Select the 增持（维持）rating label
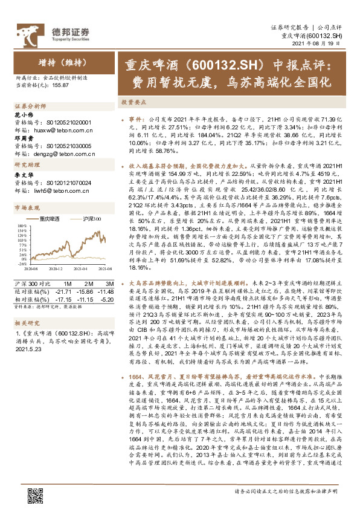[x=59, y=61]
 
